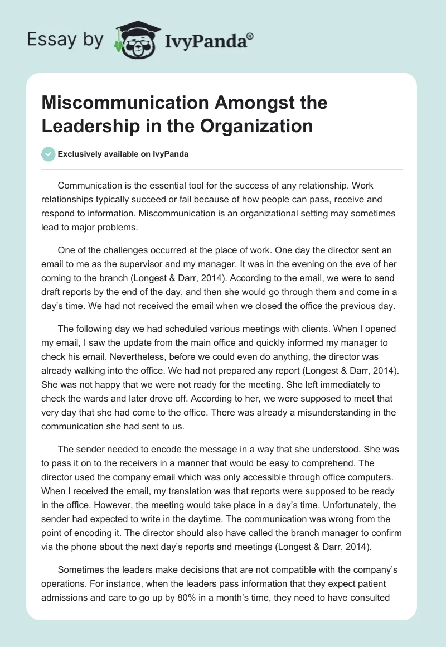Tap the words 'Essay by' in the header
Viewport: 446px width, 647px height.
coord(65,40)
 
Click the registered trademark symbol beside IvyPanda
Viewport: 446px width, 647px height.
coord(250,36)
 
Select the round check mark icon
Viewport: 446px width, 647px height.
coord(49,154)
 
